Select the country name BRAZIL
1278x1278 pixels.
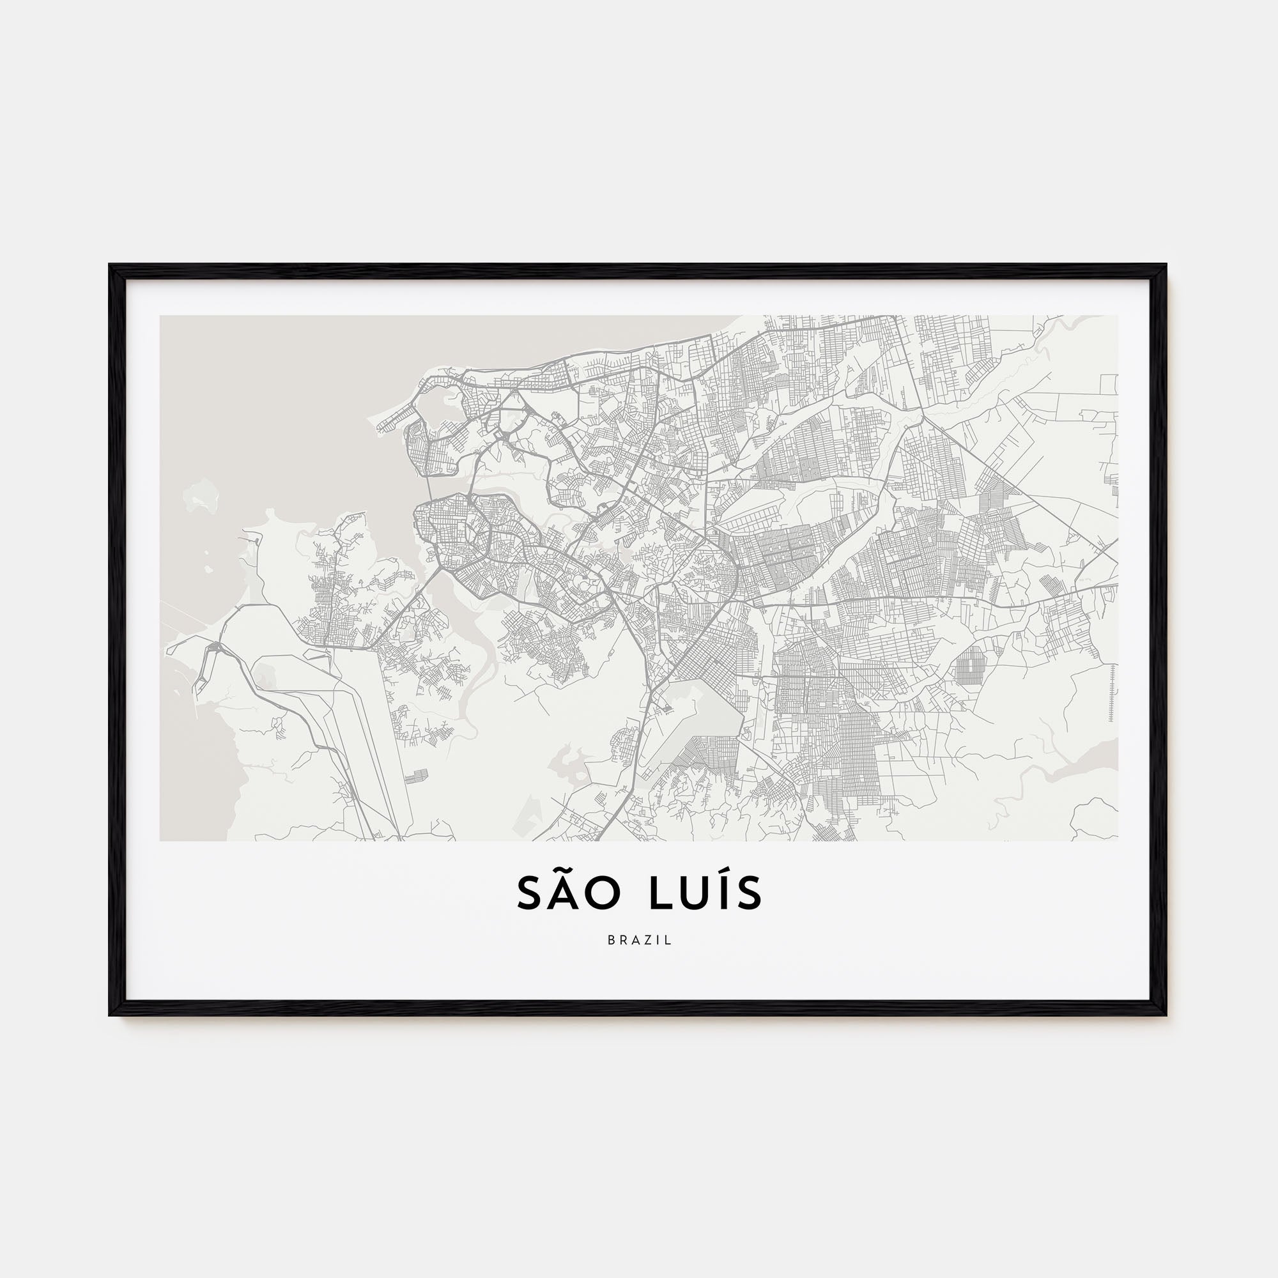pos(639,940)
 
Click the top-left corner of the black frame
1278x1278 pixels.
pos(110,265)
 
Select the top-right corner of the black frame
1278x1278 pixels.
pos(1166,265)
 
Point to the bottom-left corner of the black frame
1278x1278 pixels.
pos(110,1015)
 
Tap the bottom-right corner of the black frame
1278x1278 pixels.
pos(1166,1015)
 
